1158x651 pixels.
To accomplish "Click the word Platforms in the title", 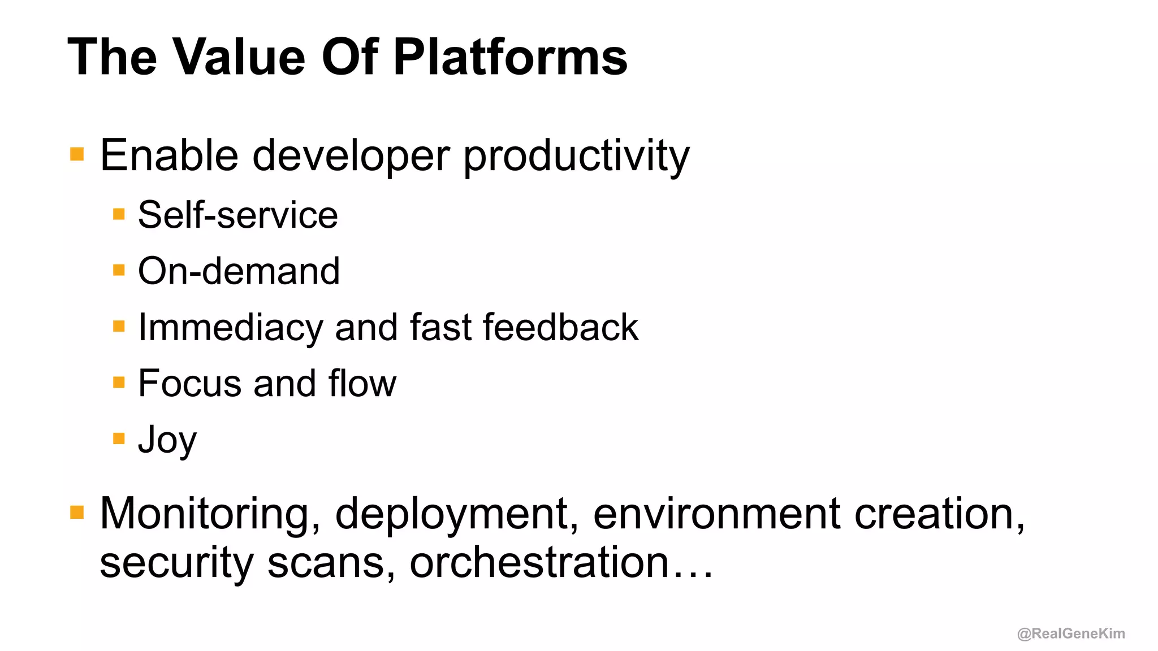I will pyautogui.click(x=510, y=57).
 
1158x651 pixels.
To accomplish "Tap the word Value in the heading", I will pyautogui.click(x=239, y=57).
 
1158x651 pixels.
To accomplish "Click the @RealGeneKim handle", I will pyautogui.click(x=1071, y=633).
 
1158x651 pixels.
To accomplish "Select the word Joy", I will pyautogui.click(x=167, y=440).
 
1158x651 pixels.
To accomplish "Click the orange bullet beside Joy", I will pyautogui.click(x=119, y=439).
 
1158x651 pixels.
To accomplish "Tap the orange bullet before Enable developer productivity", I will pyautogui.click(x=77, y=154).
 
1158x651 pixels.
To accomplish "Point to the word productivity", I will pyautogui.click(x=576, y=157).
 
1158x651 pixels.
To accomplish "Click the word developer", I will pyautogui.click(x=351, y=157).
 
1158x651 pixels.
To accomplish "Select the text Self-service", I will pyautogui.click(x=238, y=215).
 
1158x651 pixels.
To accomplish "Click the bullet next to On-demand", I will pyautogui.click(x=119, y=270).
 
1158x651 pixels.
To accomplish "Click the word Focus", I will pyautogui.click(x=189, y=384).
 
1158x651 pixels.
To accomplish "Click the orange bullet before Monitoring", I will pyautogui.click(x=77, y=513).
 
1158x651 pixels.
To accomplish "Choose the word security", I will pyautogui.click(x=176, y=563).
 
